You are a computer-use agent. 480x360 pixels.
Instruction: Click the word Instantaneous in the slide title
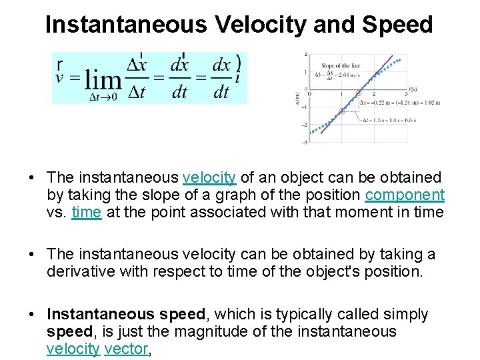coord(126,25)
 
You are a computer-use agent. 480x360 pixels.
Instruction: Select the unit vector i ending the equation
coord(238,77)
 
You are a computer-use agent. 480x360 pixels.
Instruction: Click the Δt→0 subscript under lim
coord(104,97)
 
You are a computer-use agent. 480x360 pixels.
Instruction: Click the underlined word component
coord(405,195)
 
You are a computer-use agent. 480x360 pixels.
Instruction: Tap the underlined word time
coord(87,212)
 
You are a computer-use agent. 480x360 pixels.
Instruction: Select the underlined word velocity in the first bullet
coord(209,177)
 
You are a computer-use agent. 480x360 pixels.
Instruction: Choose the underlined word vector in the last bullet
coord(126,348)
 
